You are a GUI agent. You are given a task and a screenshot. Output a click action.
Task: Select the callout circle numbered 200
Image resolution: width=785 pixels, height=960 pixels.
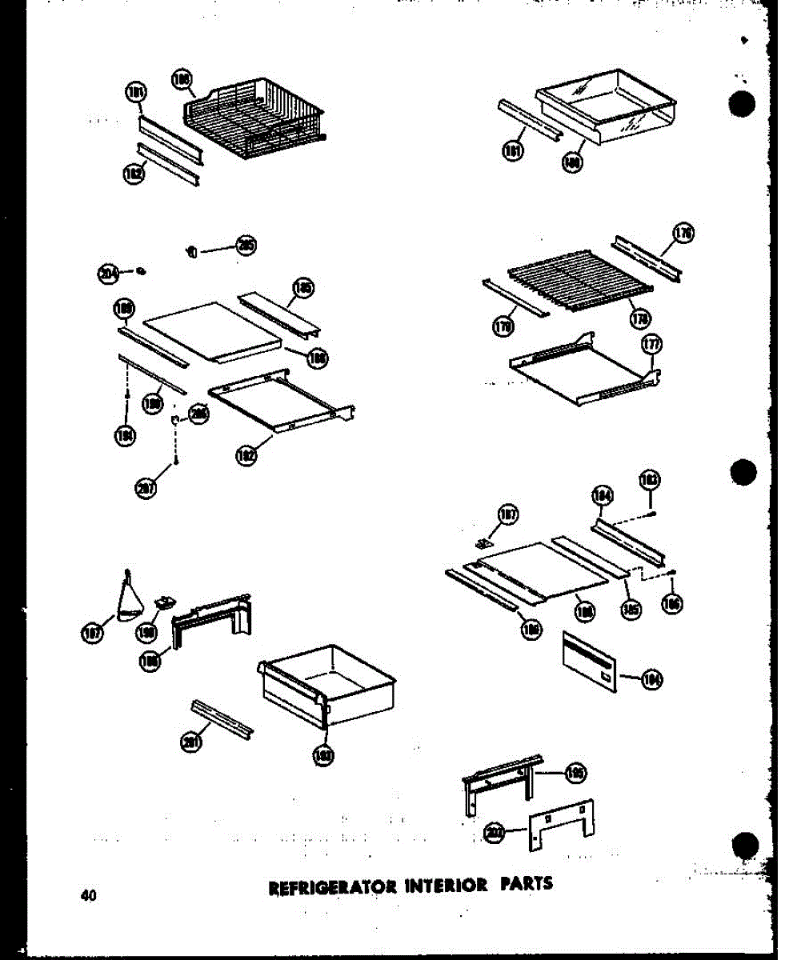click(x=494, y=834)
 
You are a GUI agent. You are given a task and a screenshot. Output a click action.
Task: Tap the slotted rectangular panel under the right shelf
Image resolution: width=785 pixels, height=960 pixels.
click(x=591, y=660)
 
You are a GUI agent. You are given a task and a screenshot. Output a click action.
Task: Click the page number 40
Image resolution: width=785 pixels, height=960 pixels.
click(x=88, y=895)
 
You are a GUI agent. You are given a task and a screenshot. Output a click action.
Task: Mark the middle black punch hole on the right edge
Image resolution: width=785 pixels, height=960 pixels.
click(x=743, y=472)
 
